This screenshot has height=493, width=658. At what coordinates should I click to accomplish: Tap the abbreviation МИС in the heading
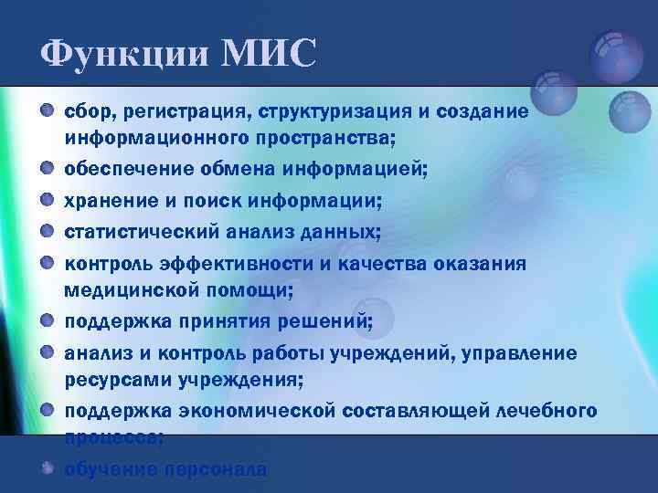click(269, 52)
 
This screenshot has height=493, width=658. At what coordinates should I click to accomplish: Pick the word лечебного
click(546, 410)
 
